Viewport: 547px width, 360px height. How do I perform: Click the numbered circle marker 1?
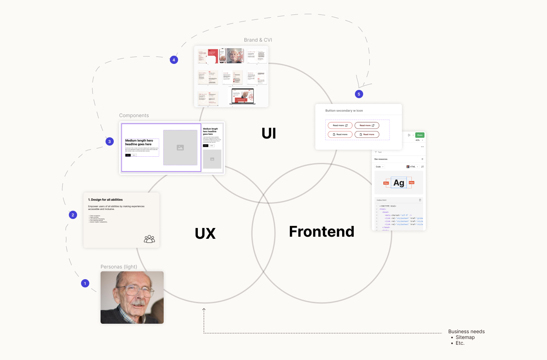pyautogui.click(x=85, y=283)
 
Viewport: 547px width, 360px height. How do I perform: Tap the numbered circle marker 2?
pyautogui.click(x=73, y=214)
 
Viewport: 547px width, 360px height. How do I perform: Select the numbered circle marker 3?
pyautogui.click(x=109, y=141)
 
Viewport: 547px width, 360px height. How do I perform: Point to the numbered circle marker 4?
pyautogui.click(x=174, y=60)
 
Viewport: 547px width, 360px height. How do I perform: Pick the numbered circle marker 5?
pyautogui.click(x=359, y=94)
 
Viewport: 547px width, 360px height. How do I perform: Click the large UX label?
pyautogui.click(x=205, y=233)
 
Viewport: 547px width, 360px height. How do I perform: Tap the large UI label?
pyautogui.click(x=268, y=133)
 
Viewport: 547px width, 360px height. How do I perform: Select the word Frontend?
pyautogui.click(x=322, y=231)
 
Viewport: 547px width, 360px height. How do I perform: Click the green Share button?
pyautogui.click(x=419, y=135)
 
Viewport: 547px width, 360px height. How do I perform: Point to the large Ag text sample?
pyautogui.click(x=399, y=183)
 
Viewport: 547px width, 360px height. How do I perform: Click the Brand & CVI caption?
pyautogui.click(x=258, y=40)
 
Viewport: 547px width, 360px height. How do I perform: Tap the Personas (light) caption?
pyautogui.click(x=119, y=267)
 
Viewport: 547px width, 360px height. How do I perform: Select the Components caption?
pyautogui.click(x=134, y=115)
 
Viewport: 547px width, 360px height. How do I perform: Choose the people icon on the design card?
pyautogui.click(x=149, y=238)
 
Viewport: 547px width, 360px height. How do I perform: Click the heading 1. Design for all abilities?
pyautogui.click(x=106, y=200)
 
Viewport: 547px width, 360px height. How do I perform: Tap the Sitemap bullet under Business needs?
pyautogui.click(x=465, y=337)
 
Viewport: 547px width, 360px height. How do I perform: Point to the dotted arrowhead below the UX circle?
pyautogui.click(x=204, y=309)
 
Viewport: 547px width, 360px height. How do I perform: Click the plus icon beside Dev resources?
pyautogui.click(x=422, y=159)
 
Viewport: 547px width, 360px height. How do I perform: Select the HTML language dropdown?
pyautogui.click(x=412, y=167)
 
